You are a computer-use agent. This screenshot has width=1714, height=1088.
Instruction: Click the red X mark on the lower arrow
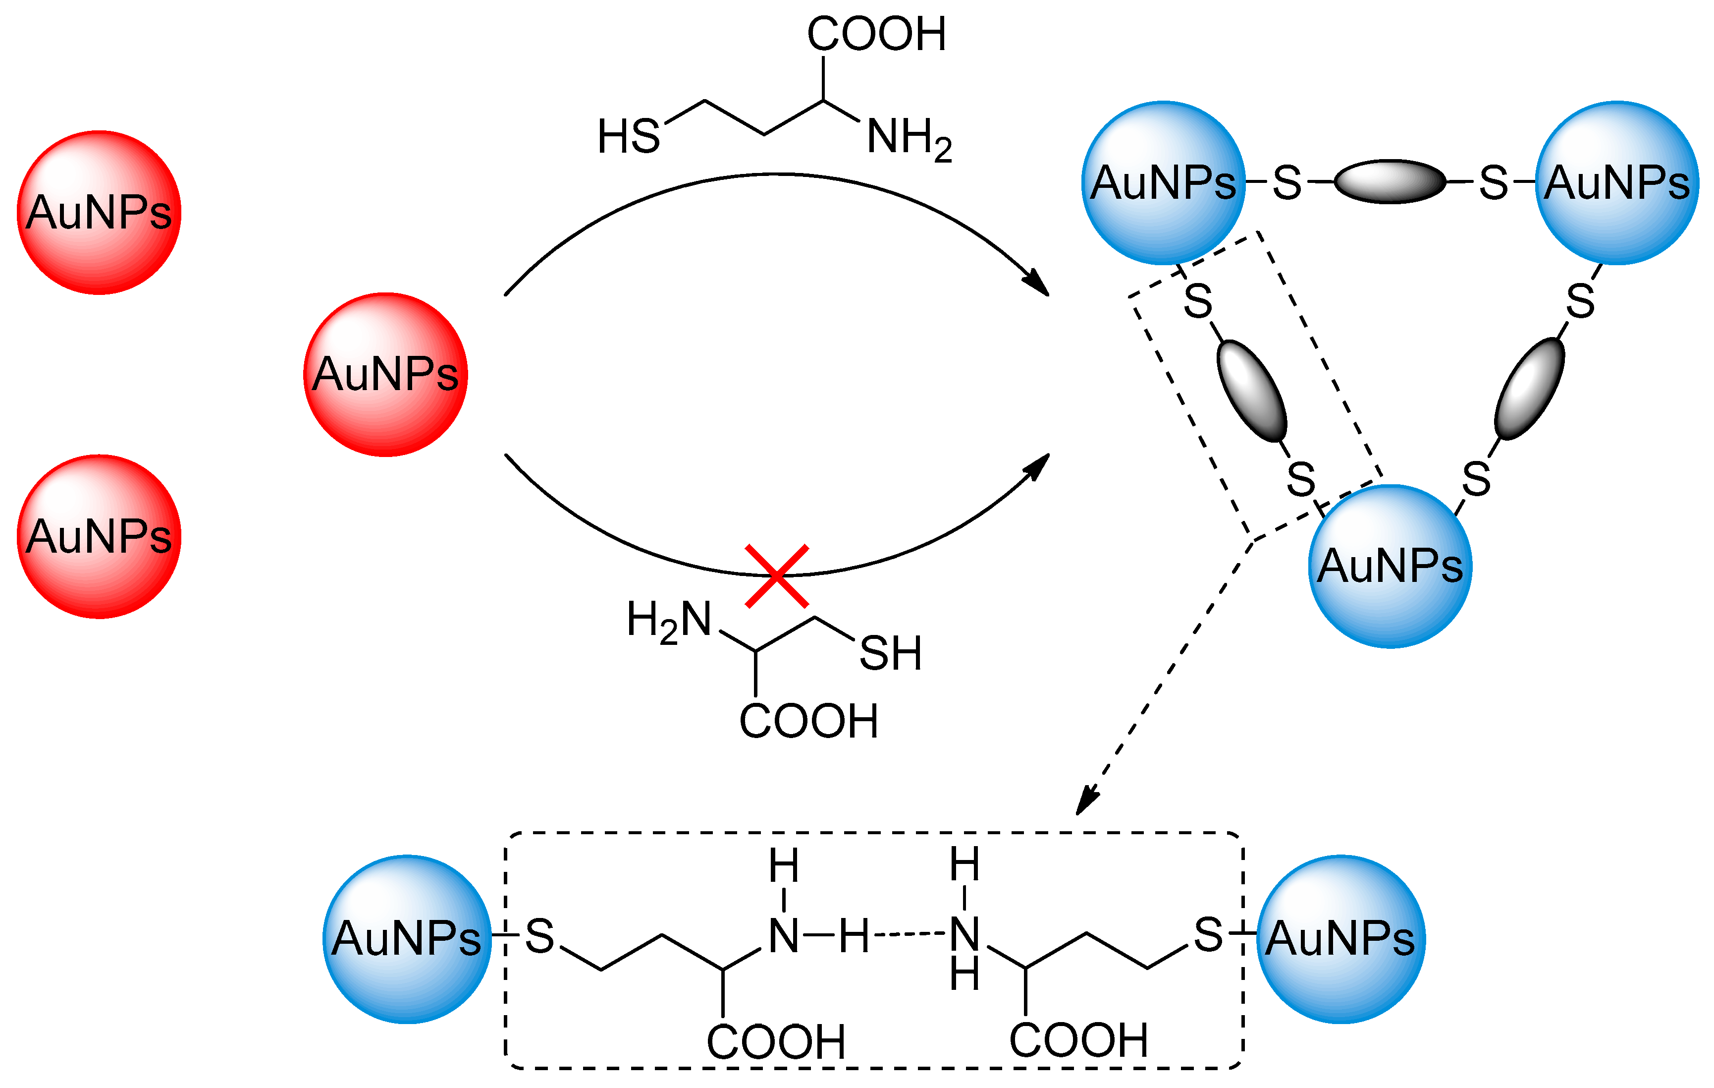pos(777,576)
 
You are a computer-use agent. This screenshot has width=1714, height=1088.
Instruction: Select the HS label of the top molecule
pos(629,137)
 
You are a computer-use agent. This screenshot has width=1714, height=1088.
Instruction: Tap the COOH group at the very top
pos(876,34)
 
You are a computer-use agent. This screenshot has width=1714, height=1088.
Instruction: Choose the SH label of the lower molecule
pos(891,653)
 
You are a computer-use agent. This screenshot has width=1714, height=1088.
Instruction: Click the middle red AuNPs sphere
pos(385,375)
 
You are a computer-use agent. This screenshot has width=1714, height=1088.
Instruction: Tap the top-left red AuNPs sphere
pos(99,212)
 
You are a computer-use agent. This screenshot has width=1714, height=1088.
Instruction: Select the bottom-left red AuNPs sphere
pos(99,536)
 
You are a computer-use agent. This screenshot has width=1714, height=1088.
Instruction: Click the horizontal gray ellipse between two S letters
pos(1390,181)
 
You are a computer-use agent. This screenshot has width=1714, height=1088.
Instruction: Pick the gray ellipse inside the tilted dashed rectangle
pos(1252,391)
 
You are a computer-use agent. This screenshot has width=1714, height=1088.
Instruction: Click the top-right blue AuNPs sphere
pos(1617,183)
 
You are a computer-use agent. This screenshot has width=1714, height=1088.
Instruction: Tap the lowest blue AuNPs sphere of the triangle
pos(1390,566)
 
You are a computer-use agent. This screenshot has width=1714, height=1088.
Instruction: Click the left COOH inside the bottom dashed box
pos(776,1042)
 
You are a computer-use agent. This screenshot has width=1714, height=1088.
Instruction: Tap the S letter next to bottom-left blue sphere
pos(539,936)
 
